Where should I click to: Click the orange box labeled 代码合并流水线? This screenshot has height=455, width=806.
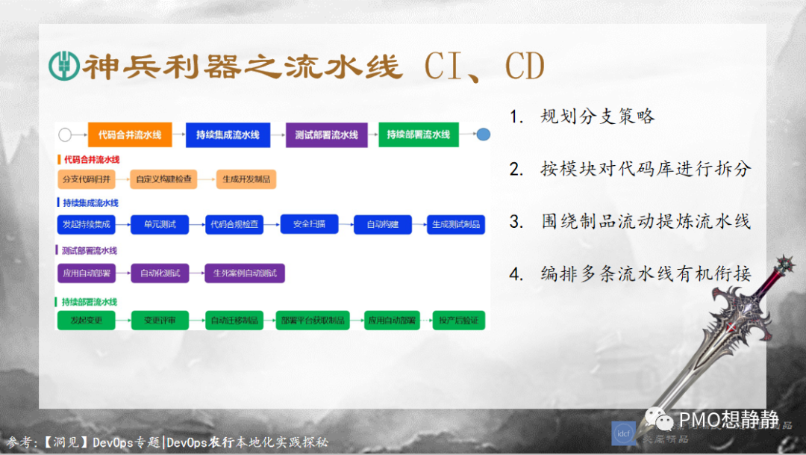coord(130,134)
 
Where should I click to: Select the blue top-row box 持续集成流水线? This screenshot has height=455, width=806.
coord(228,134)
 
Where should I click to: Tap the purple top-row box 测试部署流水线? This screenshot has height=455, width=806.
coord(326,134)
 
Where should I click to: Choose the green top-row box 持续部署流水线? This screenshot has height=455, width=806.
coord(418,134)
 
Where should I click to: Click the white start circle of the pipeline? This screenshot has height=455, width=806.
coord(65,135)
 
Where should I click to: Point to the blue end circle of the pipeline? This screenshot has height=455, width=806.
coord(484,135)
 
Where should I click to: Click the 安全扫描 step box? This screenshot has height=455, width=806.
coord(309,223)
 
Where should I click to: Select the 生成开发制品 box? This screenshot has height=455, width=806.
coord(246,179)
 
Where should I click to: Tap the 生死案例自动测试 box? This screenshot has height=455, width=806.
coord(245,273)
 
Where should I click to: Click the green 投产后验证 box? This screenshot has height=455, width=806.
coord(458,321)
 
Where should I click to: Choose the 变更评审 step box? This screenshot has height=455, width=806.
coord(160,321)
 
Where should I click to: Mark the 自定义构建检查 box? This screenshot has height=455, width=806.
coord(162,179)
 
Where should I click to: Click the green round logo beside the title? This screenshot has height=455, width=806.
coord(63,66)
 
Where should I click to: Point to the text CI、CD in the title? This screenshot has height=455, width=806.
coord(484,66)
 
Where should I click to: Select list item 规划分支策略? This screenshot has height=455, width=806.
coord(598,117)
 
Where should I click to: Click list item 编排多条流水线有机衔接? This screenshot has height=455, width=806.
coord(645,273)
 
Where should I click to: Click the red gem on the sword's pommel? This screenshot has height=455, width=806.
coord(784,263)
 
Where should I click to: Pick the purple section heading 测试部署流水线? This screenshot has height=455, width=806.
coord(90,250)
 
